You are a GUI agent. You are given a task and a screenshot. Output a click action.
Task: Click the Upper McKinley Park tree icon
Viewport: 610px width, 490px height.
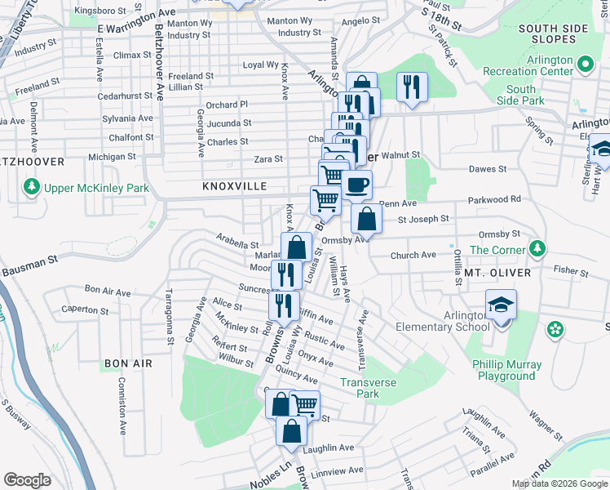[x=32, y=188]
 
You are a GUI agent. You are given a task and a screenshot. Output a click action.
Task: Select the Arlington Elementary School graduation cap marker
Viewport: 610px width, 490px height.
[x=501, y=306]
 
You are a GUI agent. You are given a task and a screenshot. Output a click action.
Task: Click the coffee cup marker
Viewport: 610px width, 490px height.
[x=356, y=185]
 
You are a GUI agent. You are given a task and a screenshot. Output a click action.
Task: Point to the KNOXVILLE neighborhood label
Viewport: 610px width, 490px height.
[x=235, y=187]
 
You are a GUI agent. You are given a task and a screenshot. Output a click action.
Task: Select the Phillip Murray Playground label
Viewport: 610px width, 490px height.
[x=506, y=370]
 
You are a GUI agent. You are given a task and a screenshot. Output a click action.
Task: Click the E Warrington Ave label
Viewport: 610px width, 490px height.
[x=136, y=21]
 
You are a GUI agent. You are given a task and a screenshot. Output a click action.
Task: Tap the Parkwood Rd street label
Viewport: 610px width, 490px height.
[x=494, y=199]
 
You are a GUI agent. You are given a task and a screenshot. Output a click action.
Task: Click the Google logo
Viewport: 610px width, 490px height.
[x=28, y=479]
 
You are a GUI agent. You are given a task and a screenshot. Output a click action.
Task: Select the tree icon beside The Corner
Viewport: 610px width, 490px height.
[x=537, y=248]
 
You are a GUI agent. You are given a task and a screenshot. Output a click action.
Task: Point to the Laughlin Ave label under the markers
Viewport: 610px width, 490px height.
[x=327, y=448]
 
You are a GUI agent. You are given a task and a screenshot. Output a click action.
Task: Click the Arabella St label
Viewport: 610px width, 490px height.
[x=237, y=243]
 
